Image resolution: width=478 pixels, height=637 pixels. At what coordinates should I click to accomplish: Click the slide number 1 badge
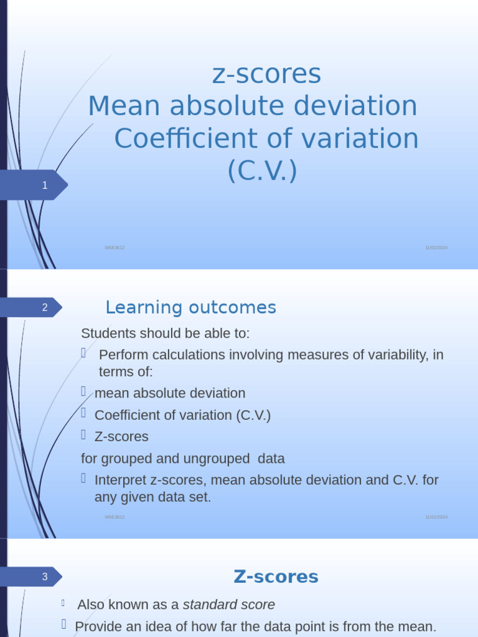tap(45, 185)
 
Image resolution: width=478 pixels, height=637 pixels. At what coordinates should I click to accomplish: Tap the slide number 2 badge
tap(45, 307)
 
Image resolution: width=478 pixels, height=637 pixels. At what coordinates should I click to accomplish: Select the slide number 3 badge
tap(45, 577)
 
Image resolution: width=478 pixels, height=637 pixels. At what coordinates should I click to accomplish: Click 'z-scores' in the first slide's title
tap(266, 74)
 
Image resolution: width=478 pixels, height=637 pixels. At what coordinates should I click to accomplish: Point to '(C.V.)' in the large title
tap(262, 170)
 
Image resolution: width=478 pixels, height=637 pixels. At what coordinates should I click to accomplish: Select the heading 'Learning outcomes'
tap(190, 307)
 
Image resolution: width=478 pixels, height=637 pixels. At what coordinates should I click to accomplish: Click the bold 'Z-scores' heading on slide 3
tap(276, 577)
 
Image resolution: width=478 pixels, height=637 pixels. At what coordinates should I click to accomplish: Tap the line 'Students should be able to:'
tap(165, 333)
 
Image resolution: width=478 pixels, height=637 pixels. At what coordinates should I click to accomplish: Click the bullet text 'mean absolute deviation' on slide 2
tap(170, 393)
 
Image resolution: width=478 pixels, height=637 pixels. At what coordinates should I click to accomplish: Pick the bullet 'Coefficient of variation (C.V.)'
tap(182, 415)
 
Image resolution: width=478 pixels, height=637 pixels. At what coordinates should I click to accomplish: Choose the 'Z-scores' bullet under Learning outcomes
tap(121, 437)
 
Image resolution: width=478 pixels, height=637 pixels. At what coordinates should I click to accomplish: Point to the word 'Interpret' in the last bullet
tap(120, 480)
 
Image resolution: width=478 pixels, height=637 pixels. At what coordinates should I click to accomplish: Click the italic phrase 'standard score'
tap(228, 605)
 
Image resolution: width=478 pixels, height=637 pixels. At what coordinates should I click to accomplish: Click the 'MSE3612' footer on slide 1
tap(115, 248)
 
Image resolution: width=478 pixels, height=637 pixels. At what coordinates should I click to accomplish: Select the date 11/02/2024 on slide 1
tap(436, 248)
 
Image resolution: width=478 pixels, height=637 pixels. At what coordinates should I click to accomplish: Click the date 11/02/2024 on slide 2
tap(436, 517)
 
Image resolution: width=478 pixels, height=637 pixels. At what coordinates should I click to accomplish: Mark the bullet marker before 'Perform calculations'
tap(83, 353)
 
